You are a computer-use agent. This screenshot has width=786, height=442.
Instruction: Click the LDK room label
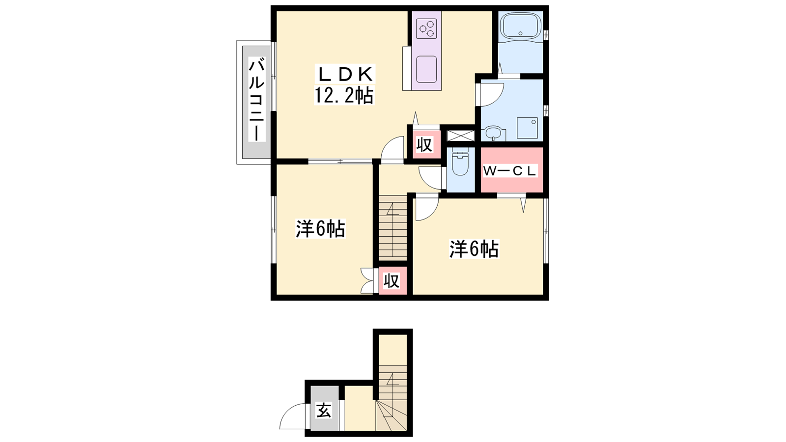[345, 74]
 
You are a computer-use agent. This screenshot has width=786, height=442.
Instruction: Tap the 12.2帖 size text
[344, 95]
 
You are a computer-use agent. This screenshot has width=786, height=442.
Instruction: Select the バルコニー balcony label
[257, 100]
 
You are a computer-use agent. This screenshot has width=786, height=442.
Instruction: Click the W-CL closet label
[511, 171]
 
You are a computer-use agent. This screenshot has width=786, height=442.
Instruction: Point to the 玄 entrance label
[324, 410]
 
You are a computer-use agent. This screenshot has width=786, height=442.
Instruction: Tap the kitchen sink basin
[426, 69]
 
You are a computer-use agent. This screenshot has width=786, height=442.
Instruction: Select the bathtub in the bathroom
[520, 25]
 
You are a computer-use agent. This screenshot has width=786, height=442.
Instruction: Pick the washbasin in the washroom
[495, 133]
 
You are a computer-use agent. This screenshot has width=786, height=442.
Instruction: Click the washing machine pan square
[527, 128]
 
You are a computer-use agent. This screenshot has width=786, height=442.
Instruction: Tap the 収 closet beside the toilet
[424, 144]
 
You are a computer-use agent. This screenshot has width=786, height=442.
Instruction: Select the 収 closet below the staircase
[392, 280]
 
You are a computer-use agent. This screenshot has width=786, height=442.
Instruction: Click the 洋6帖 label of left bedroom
[320, 229]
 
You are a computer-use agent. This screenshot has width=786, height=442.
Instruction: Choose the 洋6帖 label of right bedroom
[474, 249]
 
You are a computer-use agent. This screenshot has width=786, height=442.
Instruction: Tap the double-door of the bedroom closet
[367, 280]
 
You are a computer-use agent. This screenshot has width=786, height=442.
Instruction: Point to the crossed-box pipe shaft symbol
[460, 136]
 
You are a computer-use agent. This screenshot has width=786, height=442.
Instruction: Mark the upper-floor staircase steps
[393, 228]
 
